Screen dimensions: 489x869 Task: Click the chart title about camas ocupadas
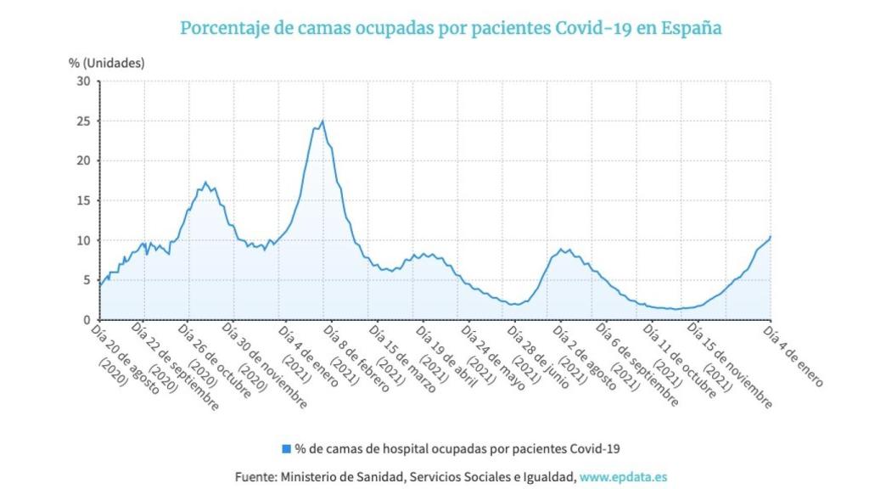(x=451, y=27)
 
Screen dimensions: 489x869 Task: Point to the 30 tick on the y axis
(x=84, y=81)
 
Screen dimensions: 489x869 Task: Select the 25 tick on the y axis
(x=84, y=121)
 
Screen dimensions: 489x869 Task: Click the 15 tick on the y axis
(x=84, y=200)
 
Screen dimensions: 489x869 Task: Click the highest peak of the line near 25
(x=322, y=121)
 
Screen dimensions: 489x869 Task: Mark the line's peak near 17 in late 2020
(x=205, y=182)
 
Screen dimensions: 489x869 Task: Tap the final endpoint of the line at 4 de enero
(x=770, y=237)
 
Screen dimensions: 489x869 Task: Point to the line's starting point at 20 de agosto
(x=100, y=286)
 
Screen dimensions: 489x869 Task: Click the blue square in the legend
(x=286, y=447)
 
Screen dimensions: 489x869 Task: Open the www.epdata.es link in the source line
(x=623, y=477)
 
